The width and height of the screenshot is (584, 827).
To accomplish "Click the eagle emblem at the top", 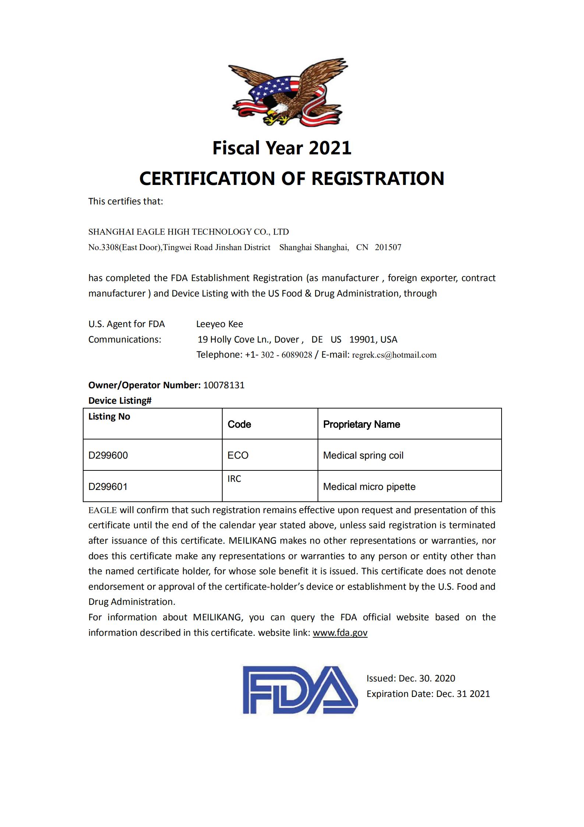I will point(287,92).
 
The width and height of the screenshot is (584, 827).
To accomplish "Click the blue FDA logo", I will point(300,689).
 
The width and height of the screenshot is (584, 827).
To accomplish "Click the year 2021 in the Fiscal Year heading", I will point(330,148).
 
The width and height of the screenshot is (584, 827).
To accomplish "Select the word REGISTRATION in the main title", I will point(378,178).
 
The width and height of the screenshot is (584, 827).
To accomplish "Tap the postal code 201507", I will point(388,247).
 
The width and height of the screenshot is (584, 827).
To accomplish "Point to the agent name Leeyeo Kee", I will point(219,324).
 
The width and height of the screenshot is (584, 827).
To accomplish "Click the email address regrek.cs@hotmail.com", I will point(394,355).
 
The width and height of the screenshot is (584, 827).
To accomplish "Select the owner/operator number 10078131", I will point(224,385).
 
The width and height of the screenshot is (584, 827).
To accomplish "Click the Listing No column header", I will point(109,416).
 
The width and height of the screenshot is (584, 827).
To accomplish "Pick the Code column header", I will point(239,424).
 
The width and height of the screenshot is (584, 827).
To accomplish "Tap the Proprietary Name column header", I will point(361,424).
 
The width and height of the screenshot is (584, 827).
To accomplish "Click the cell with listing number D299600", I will point(108,455).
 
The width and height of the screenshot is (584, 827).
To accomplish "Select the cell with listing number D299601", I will point(108,487).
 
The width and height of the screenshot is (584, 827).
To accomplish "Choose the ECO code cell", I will point(238,455).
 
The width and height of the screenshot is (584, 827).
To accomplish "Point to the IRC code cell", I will point(234,479).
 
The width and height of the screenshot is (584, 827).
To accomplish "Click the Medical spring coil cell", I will point(363,455).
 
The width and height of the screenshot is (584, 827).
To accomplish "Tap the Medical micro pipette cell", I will point(369,487).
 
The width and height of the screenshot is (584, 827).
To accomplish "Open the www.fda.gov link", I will point(340,632).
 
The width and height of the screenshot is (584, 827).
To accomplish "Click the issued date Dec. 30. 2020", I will point(427,678).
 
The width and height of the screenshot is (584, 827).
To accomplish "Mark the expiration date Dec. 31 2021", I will point(463,694).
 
